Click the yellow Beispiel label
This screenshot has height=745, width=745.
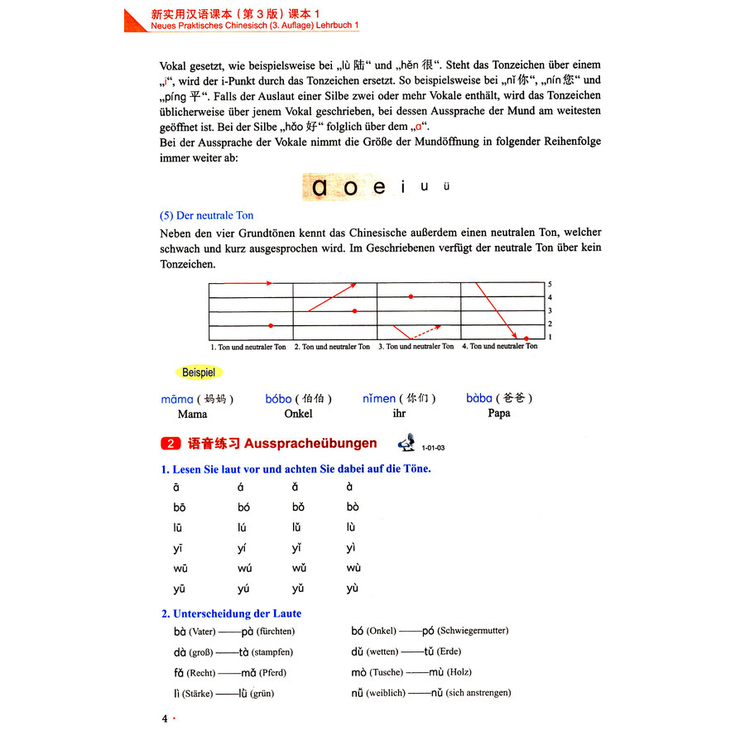point(198,372)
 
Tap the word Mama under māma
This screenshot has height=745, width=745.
point(192,414)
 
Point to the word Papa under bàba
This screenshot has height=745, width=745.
point(499,413)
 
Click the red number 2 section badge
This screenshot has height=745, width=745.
point(170,444)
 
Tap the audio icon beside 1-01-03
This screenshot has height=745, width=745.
point(406,445)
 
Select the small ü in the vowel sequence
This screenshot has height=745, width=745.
point(446,186)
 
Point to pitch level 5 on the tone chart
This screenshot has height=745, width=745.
point(550,284)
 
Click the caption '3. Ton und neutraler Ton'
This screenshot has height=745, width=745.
point(416,347)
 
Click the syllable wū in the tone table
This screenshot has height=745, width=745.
point(179,569)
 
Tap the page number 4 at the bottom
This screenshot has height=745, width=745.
point(165,719)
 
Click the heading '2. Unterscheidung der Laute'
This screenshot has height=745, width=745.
point(231,613)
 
